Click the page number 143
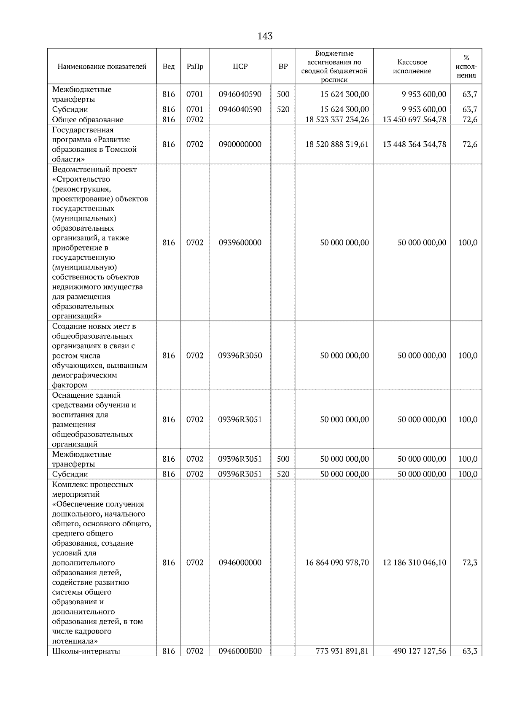coord(265,36)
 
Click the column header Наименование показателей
coord(102,67)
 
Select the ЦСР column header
coord(240,67)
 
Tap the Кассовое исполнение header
coord(412,67)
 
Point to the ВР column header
coord(283,67)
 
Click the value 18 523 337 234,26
coord(337,120)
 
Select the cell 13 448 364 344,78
coord(414,145)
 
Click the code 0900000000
coord(240,145)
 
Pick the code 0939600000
coord(240,243)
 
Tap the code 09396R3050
coord(240,356)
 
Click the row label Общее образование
coord(88,120)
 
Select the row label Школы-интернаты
coord(86,663)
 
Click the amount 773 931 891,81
coord(342,663)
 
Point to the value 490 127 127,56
coord(420,663)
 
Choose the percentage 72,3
coord(470,563)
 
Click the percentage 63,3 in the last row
coord(470,663)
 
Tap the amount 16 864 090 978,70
coord(337,563)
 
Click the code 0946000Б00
coord(240,663)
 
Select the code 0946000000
coord(240,563)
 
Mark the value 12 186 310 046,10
coord(414,563)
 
